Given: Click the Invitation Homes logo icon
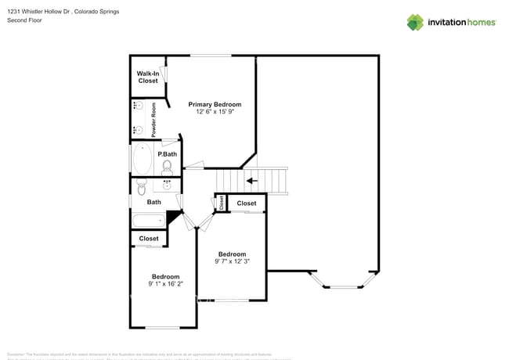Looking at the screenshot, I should coord(414,22).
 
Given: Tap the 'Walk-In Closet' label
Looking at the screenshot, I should coord(147,77).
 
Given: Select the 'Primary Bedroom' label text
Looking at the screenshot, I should coord(215,104).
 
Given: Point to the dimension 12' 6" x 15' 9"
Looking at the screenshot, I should coord(215,113).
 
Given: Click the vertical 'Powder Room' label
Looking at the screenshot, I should coord(154,120).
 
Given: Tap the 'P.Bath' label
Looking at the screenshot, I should coord(167,154).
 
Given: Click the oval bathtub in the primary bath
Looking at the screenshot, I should coord(143,159).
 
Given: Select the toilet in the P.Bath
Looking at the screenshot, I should coord(167,167).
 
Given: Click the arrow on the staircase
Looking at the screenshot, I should coord(251,181).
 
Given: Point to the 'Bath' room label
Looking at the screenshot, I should coord(153,202).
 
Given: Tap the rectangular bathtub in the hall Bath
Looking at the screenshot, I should coord(148,220).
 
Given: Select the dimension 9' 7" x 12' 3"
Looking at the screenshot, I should coord(232,262).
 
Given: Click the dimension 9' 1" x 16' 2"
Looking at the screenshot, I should coord(165,285).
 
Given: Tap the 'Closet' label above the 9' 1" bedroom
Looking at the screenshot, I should coord(149,239).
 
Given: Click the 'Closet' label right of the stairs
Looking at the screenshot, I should coord(247,203).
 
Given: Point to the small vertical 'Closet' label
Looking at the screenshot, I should coord(222,203).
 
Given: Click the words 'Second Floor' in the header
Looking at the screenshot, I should coord(23,20).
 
